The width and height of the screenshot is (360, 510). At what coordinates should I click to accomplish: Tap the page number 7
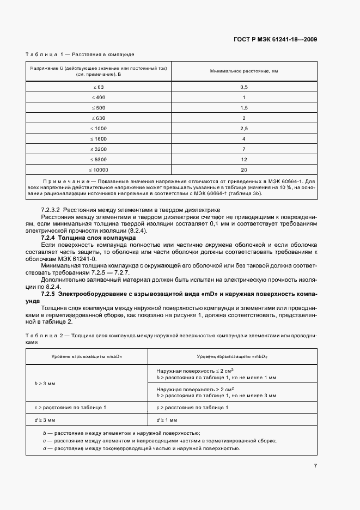(315, 465)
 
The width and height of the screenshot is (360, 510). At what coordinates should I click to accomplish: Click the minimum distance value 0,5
(244, 87)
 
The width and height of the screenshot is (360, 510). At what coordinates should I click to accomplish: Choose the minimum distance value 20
(244, 169)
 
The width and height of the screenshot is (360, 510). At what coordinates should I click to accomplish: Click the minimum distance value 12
(244, 159)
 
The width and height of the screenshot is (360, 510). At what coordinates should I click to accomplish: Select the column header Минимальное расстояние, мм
(244, 72)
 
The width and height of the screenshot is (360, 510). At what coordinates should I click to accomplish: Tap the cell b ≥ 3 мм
(45, 384)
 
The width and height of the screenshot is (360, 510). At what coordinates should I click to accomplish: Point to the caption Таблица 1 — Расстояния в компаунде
(80, 54)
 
